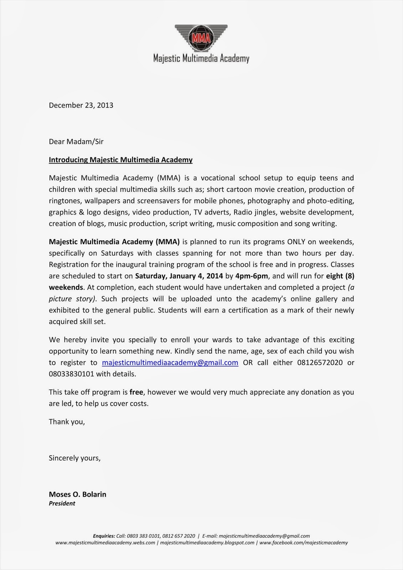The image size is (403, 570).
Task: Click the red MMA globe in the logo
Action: (x=201, y=38)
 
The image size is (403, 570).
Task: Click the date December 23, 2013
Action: (x=81, y=105)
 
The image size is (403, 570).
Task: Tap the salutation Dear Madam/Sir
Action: (x=76, y=141)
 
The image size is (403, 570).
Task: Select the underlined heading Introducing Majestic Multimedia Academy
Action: (x=120, y=160)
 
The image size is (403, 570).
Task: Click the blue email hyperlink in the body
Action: (x=170, y=363)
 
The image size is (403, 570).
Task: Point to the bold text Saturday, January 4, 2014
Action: (x=179, y=276)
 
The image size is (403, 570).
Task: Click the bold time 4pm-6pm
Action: (x=251, y=276)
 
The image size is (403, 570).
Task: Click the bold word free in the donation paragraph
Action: (x=136, y=392)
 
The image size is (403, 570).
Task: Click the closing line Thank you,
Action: (x=67, y=422)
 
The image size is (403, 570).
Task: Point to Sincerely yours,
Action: (x=74, y=458)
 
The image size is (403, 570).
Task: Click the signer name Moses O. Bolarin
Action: (x=77, y=494)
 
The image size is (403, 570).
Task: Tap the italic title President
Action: (x=62, y=503)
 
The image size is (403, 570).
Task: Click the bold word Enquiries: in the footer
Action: (x=104, y=536)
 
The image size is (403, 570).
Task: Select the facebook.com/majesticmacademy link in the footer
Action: (x=303, y=543)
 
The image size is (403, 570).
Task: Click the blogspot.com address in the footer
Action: (x=207, y=543)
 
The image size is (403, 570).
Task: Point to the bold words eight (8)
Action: (x=340, y=276)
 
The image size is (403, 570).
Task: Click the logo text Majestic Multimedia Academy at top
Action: (x=201, y=58)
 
